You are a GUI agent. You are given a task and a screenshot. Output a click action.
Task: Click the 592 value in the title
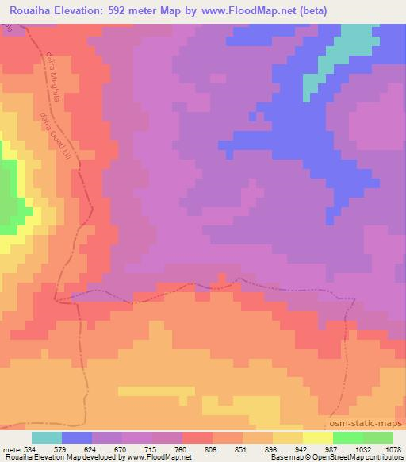pos(129,11)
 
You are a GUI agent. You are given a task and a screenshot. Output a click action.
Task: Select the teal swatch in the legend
pos(47,437)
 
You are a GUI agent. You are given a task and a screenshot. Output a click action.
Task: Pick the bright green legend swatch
pos(347,437)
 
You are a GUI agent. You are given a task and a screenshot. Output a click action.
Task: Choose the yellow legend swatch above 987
pos(317,437)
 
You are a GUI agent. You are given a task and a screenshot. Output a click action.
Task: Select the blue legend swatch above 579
pos(77,437)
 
